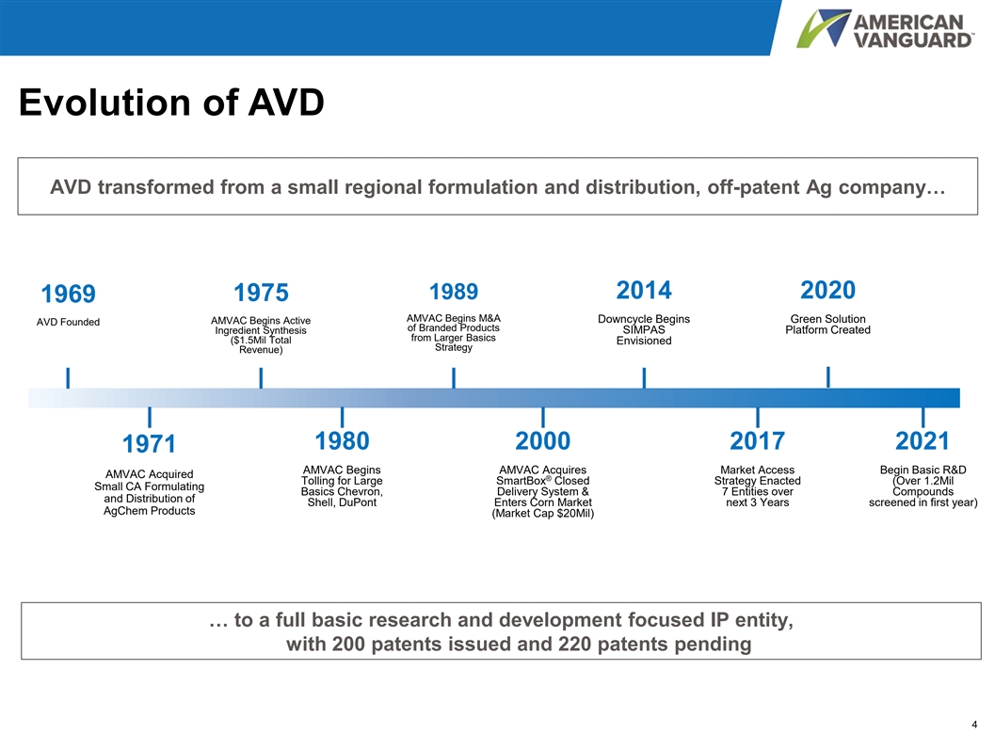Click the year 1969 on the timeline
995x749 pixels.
point(68,294)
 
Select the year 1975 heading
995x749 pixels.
point(261,293)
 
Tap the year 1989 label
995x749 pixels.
point(454,291)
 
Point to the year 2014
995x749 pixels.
point(644,290)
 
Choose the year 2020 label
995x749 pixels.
point(827,290)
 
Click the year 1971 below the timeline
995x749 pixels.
point(149,443)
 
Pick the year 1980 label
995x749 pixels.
point(342,440)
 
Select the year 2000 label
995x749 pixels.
point(542,440)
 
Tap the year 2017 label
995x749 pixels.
point(757,440)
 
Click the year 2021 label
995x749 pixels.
point(922,440)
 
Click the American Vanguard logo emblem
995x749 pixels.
point(822,28)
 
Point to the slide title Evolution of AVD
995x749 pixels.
point(171,103)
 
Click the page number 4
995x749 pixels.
point(974,725)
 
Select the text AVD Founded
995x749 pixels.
point(68,322)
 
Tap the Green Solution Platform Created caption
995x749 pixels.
point(827,324)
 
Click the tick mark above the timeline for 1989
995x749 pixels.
point(454,378)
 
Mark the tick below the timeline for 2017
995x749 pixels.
point(757,417)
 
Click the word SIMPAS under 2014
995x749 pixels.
point(644,329)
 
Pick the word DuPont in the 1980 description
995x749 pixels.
point(359,502)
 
